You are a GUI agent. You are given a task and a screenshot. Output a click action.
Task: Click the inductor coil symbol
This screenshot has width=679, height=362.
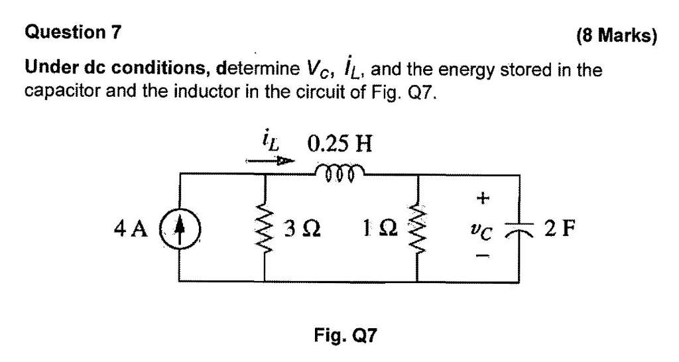pyautogui.click(x=342, y=169)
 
